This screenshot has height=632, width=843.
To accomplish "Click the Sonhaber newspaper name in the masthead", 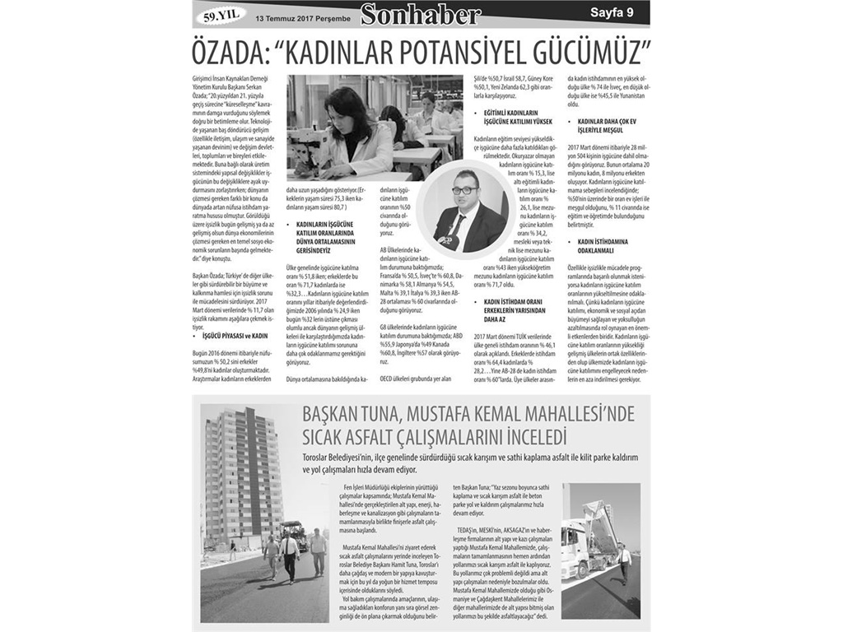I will [431, 14].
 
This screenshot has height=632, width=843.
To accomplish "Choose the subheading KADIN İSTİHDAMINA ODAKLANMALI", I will [603, 245].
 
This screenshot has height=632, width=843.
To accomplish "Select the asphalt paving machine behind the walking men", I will [293, 535].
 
